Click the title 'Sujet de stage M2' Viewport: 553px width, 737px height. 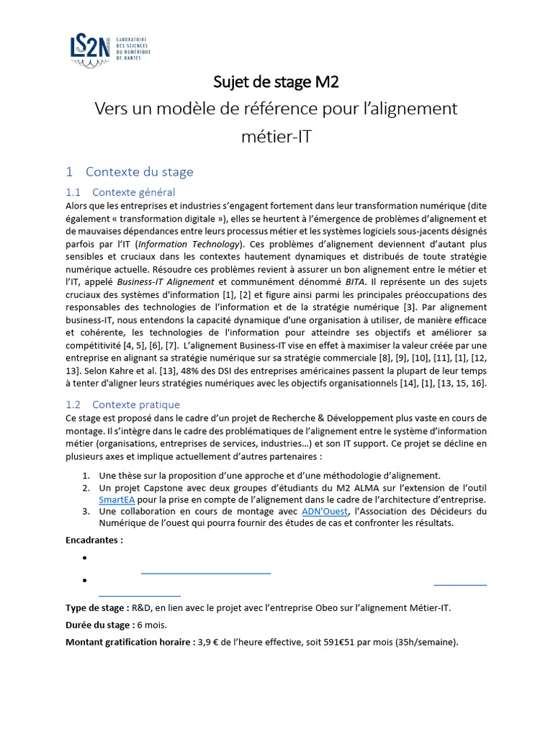click(x=276, y=82)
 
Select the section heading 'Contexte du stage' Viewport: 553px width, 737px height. click(x=139, y=172)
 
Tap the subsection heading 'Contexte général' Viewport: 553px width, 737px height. click(x=133, y=192)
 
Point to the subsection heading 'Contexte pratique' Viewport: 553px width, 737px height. click(x=136, y=404)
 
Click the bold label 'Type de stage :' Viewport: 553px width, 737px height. click(x=97, y=608)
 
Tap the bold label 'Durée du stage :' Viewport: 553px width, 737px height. click(x=99, y=625)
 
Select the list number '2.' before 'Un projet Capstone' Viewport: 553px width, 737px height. click(x=85, y=488)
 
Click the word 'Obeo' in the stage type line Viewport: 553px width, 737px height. click(x=328, y=608)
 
